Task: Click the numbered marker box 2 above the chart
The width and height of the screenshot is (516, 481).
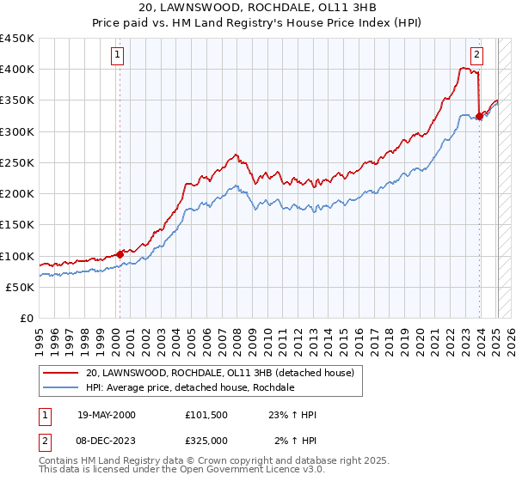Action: coord(476,56)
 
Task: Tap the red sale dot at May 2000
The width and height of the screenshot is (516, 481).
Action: coord(120,255)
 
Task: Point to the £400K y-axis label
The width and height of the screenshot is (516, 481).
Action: coord(17,70)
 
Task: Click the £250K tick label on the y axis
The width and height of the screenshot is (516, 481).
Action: coord(17,162)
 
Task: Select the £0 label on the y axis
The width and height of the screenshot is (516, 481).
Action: coord(27,319)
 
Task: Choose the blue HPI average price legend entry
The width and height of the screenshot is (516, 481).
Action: coord(190,387)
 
